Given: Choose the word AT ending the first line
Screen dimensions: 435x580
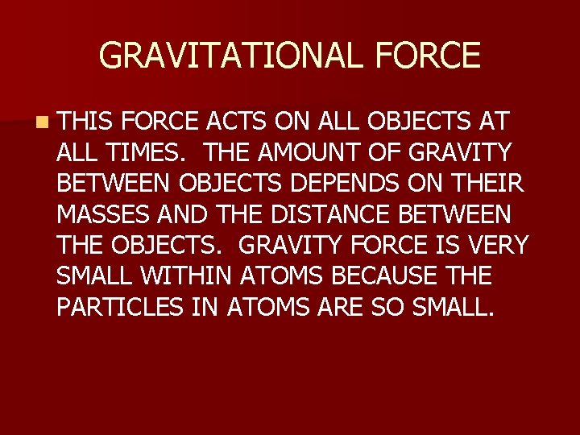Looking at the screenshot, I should pyautogui.click(x=491, y=122).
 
